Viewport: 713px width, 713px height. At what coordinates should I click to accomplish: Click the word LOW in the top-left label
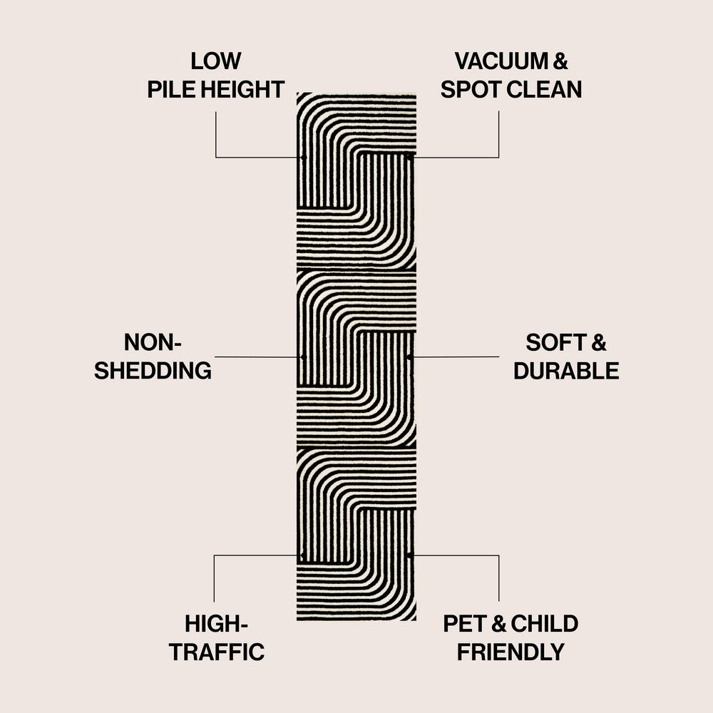point(215,61)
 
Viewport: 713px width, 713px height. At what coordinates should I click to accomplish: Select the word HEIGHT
point(242,90)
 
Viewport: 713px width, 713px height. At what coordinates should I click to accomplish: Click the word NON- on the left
point(153,342)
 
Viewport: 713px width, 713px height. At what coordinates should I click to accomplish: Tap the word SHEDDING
point(153,371)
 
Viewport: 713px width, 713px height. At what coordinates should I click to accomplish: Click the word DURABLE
point(566,371)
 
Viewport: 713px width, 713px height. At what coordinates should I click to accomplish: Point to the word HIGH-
point(216,624)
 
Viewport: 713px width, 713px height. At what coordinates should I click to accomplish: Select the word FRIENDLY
point(511,652)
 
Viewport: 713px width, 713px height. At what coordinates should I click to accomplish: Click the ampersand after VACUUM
point(560,61)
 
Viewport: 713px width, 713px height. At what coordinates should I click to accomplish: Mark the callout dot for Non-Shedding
point(303,356)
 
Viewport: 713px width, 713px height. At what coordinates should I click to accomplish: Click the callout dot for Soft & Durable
point(409,356)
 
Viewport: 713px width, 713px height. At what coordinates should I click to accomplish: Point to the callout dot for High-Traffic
point(303,555)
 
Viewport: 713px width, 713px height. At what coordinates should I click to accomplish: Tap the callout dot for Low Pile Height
point(303,157)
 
